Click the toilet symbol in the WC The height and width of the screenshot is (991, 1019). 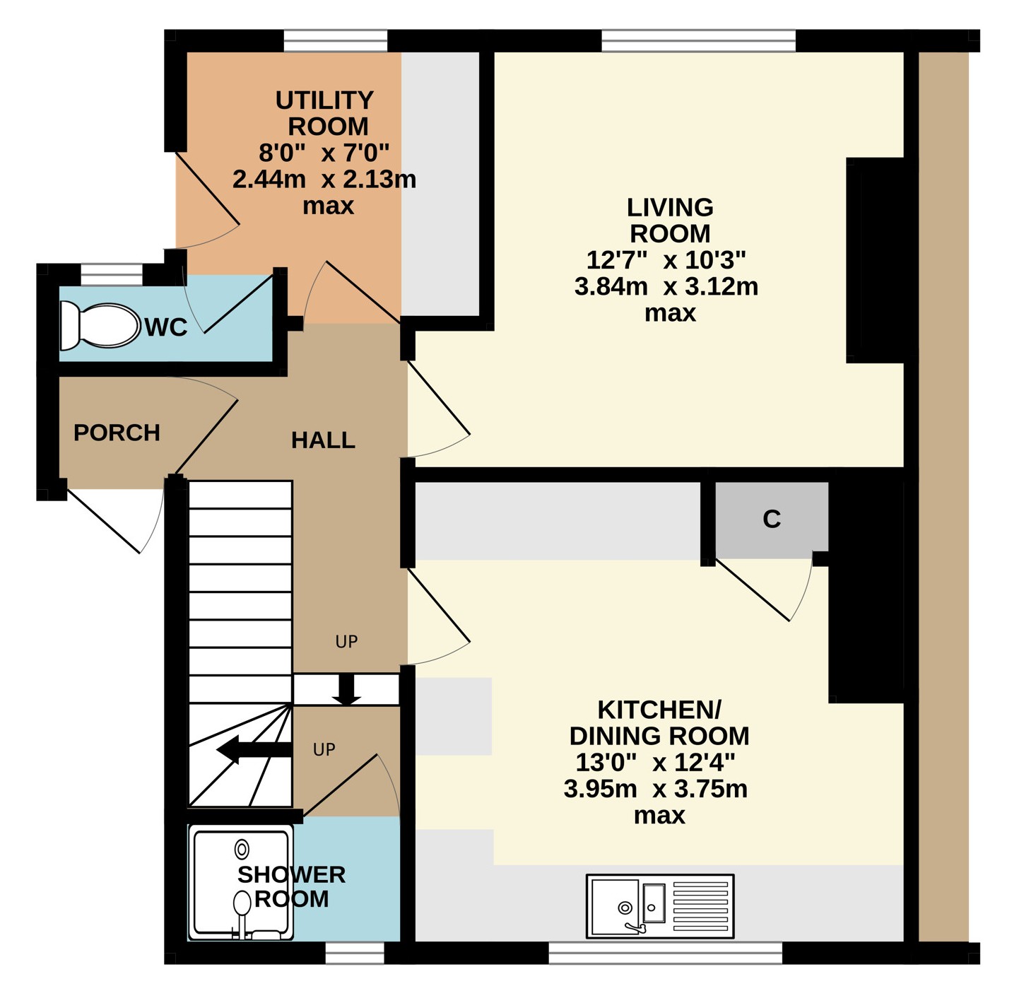pyautogui.click(x=100, y=326)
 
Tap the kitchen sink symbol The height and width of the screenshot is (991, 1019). pyautogui.click(x=660, y=906)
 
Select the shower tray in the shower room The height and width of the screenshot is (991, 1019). pyautogui.click(x=241, y=883)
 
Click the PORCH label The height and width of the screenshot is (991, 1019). pyautogui.click(x=117, y=433)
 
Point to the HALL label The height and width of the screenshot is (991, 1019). pyautogui.click(x=323, y=440)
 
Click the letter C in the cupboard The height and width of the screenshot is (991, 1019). pyautogui.click(x=772, y=519)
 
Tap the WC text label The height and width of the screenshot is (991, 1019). pyautogui.click(x=166, y=327)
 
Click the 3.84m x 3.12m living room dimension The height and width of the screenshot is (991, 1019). pyautogui.click(x=666, y=287)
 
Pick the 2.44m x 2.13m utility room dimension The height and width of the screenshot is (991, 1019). pyautogui.click(x=324, y=180)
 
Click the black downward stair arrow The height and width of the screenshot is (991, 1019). pyautogui.click(x=347, y=689)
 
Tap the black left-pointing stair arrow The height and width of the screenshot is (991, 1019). pyautogui.click(x=254, y=749)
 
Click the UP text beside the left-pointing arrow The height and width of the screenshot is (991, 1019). pyautogui.click(x=324, y=749)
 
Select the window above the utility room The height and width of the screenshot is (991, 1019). pyautogui.click(x=335, y=41)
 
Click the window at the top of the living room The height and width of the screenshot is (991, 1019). pyautogui.click(x=699, y=41)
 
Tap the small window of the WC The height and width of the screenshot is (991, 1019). pyautogui.click(x=112, y=275)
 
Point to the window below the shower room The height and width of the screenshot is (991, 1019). pyautogui.click(x=355, y=953)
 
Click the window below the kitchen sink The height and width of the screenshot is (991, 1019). pyautogui.click(x=666, y=953)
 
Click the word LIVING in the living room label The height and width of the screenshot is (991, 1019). pyautogui.click(x=670, y=208)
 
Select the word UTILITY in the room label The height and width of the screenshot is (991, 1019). pyautogui.click(x=324, y=100)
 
